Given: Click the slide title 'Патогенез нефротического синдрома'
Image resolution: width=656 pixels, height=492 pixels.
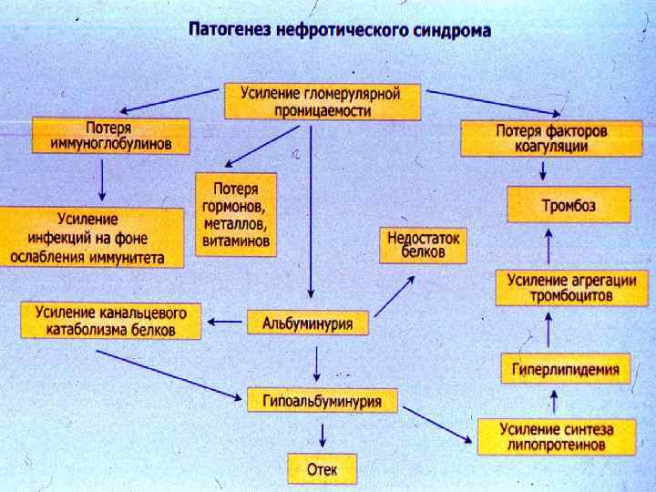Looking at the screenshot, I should tap(339, 30).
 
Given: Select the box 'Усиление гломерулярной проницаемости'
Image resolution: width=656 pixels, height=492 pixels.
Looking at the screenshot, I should tap(323, 101).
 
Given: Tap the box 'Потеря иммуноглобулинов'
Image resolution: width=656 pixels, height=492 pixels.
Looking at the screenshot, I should tap(111, 135).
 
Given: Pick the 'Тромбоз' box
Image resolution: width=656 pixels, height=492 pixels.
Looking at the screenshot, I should tap(569, 205).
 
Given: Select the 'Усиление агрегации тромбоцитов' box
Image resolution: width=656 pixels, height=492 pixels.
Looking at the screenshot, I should tap(559, 288).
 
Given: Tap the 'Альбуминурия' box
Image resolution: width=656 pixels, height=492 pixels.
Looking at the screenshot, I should tap(308, 323).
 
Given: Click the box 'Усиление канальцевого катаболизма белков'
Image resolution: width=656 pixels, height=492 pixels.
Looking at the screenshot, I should tap(111, 321).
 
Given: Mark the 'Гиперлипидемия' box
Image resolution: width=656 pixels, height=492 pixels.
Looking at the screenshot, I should tap(565, 369).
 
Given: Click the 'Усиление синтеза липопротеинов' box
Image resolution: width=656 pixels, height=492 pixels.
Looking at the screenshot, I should tap(554, 436).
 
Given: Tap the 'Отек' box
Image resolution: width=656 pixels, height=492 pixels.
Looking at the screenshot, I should tap(323, 469).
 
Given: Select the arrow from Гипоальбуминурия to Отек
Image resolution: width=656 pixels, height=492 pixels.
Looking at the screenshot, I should tap(316, 432).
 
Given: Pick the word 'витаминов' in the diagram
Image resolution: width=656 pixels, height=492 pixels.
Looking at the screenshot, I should tap(236, 241).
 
